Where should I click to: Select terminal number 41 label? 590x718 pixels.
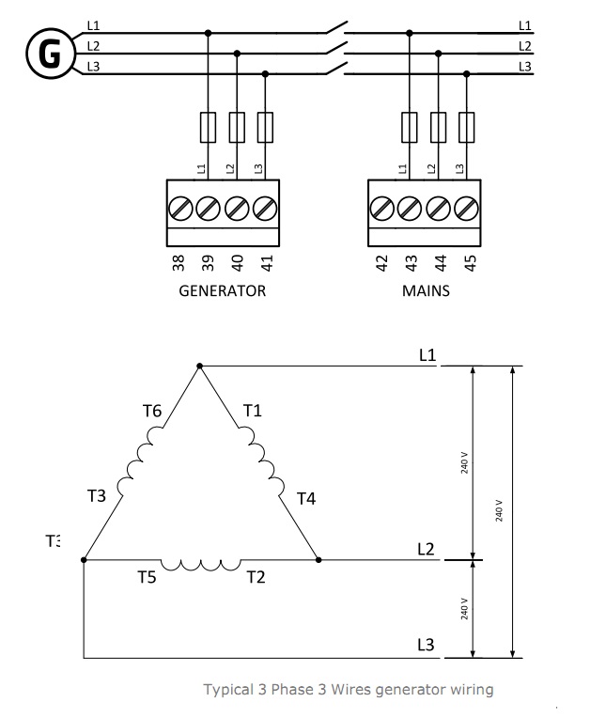tap(266, 263)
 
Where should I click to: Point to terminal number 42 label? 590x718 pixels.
tap(381, 263)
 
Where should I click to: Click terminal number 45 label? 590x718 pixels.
tap(470, 263)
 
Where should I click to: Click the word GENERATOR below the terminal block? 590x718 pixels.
tap(223, 290)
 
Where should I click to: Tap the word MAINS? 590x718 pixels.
tap(426, 290)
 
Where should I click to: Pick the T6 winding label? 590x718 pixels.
tap(152, 411)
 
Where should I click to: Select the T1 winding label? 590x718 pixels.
tap(253, 411)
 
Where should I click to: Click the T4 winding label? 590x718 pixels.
tap(306, 499)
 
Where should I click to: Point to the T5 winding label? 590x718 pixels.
tap(147, 577)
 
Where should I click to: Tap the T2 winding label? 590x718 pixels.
tap(256, 577)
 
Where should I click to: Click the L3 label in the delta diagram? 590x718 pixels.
tap(427, 645)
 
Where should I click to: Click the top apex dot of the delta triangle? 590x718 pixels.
tap(199, 366)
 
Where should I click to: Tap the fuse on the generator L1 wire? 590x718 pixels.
tap(208, 125)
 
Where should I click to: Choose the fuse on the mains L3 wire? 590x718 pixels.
tap(467, 125)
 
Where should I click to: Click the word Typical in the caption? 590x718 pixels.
tap(227, 690)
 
